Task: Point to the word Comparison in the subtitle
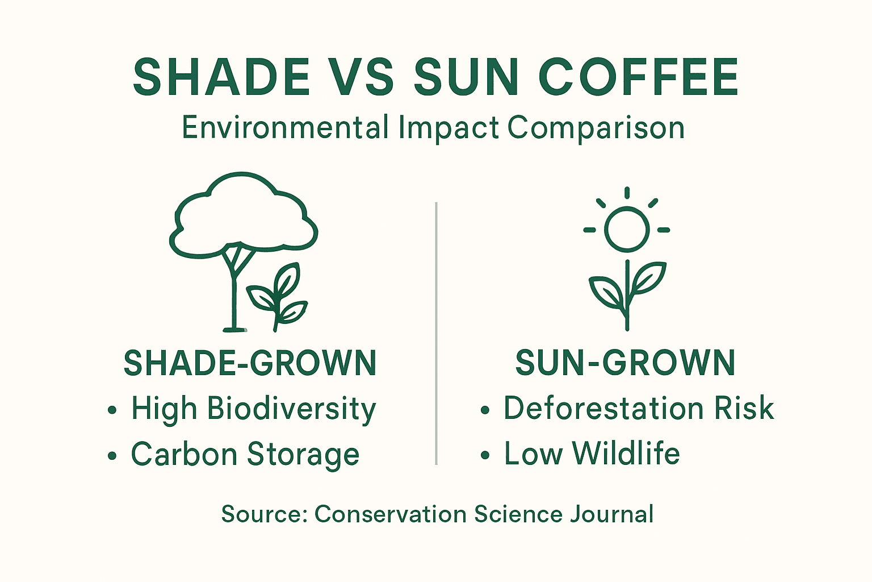(596, 127)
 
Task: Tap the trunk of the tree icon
(233, 290)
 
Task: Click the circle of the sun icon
(627, 229)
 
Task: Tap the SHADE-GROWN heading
(250, 363)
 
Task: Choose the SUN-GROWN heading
(625, 363)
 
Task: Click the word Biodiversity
(291, 409)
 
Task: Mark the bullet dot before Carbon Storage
(112, 455)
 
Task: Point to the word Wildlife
(626, 454)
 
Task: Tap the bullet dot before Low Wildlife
(485, 455)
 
